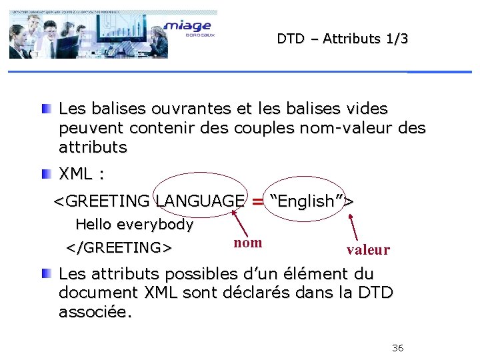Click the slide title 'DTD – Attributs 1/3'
click(x=343, y=39)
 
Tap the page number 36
click(x=398, y=348)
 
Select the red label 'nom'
click(x=248, y=243)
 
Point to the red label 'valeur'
click(x=368, y=250)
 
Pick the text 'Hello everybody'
click(x=134, y=225)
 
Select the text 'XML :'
click(x=81, y=175)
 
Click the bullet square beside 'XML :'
click(x=45, y=175)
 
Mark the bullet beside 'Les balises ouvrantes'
click(x=45, y=109)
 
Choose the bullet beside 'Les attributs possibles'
click(x=45, y=274)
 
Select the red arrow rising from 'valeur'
click(x=355, y=226)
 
